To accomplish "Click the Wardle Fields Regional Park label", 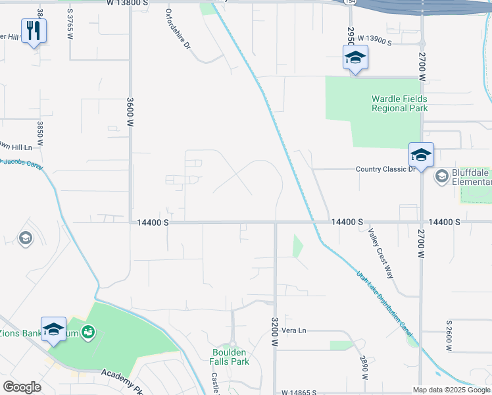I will pyautogui.click(x=399, y=103).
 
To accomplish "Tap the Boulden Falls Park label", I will pyautogui.click(x=230, y=357).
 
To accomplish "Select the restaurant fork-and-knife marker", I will pyautogui.click(x=34, y=30).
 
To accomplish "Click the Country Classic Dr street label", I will pyautogui.click(x=386, y=169).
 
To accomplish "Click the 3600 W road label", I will pyautogui.click(x=130, y=113).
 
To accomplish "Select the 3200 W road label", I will pyautogui.click(x=275, y=333).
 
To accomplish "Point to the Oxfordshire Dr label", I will pyautogui.click(x=178, y=30).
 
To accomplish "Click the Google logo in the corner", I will pyautogui.click(x=22, y=387).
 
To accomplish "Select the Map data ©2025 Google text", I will pyautogui.click(x=451, y=390).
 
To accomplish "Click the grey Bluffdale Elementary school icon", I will pyautogui.click(x=441, y=176).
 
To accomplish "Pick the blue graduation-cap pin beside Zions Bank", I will pyautogui.click(x=53, y=329).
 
